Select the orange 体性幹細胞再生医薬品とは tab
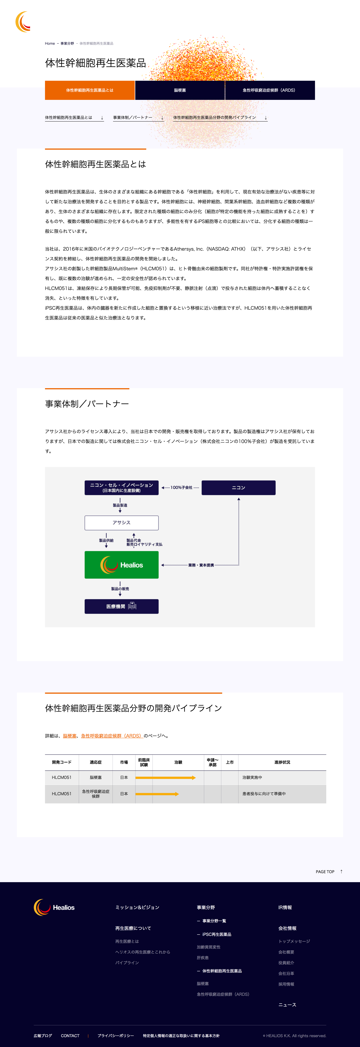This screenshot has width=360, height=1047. (x=90, y=90)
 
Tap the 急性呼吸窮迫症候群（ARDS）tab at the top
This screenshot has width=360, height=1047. (x=269, y=90)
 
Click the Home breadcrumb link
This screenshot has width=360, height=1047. (x=50, y=43)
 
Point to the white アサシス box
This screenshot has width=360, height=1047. (x=121, y=523)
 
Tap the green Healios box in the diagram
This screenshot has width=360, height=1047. (x=121, y=565)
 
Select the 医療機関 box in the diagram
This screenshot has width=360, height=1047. (x=121, y=606)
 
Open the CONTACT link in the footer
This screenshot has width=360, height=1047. (x=70, y=1036)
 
